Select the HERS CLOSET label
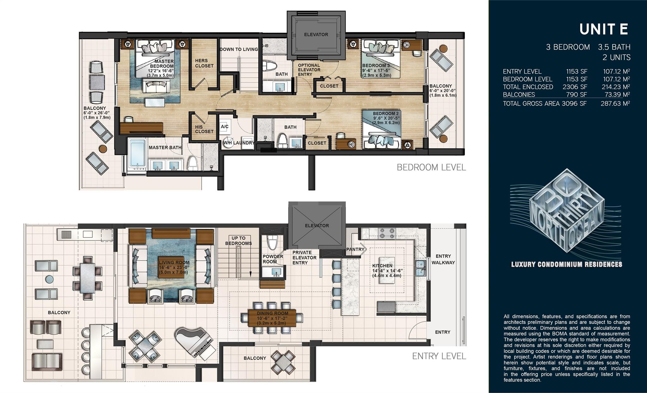pyautogui.click(x=204, y=63)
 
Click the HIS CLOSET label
pyautogui.click(x=204, y=129)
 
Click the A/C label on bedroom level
pyautogui.click(x=224, y=127)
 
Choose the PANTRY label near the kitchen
pyautogui.click(x=355, y=249)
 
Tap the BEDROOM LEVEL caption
pyautogui.click(x=431, y=167)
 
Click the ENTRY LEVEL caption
pyautogui.click(x=439, y=356)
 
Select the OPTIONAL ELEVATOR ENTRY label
pyautogui.click(x=309, y=70)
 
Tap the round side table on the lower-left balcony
pyautogui.click(x=49, y=279)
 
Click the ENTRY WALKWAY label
pyautogui.click(x=443, y=259)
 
